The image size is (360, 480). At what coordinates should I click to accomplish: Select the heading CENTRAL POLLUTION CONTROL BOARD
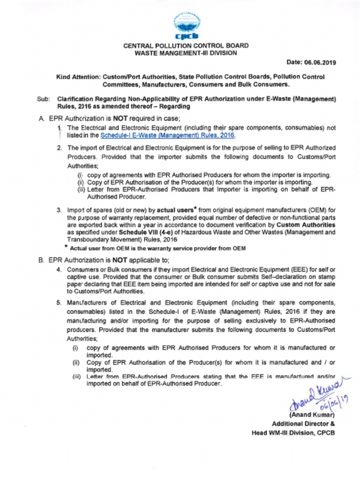point(186,46)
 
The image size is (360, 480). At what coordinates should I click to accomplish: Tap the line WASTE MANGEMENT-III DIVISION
point(186,53)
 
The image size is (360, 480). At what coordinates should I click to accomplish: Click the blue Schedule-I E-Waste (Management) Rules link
point(167,135)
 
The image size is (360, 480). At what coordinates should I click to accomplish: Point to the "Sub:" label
point(43,99)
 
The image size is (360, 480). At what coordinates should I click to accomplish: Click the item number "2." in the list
point(60,148)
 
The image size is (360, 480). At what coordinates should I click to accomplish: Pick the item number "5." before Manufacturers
point(60,302)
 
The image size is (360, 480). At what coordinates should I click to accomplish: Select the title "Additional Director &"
point(303,424)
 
